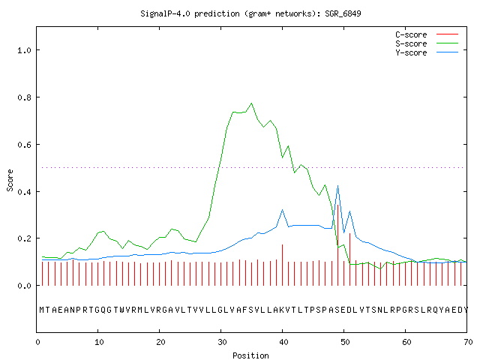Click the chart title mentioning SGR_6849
click(250, 13)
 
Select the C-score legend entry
click(427, 34)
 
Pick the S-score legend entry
click(427, 43)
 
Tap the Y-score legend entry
click(427, 52)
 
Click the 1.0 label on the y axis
click(24, 50)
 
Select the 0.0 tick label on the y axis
click(24, 286)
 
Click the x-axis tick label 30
click(222, 342)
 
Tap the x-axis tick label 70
click(468, 342)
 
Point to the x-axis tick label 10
click(99, 342)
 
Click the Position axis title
click(250, 355)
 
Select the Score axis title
click(10, 180)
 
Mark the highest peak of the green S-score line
click(252, 103)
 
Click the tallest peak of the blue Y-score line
click(337, 185)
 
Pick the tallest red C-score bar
click(337, 245)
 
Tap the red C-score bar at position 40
click(282, 265)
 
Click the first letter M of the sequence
click(42, 310)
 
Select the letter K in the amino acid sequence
click(282, 310)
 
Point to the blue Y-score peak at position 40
click(282, 210)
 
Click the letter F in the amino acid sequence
click(245, 310)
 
